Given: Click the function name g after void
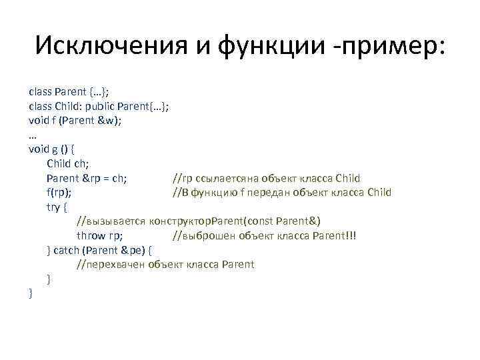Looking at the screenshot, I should [x=55, y=149].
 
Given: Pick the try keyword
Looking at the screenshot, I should [x=53, y=207].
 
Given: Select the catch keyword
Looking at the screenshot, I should [x=66, y=251].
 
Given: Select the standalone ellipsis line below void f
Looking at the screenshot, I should [x=33, y=135].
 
